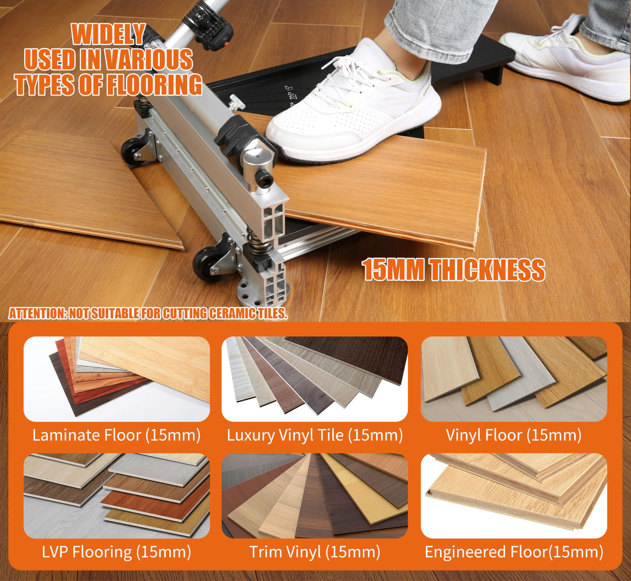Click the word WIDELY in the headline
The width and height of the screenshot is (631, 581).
108,34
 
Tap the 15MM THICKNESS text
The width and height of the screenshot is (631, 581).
453,270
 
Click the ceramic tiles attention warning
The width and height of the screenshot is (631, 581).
148,313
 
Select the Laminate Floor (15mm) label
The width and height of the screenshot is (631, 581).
116,435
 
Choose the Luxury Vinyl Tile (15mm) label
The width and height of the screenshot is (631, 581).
314,435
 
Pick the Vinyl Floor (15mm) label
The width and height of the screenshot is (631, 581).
514,435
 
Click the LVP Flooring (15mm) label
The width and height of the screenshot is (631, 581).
116,552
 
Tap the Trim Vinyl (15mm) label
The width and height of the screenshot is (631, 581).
314,552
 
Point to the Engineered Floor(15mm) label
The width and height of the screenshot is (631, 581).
514,552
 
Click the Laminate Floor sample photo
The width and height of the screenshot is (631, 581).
116,378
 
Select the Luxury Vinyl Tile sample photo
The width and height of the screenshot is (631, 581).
314,378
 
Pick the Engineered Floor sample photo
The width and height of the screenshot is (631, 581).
514,495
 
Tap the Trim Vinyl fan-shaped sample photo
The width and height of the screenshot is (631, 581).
314,495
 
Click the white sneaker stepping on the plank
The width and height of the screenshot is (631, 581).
354,109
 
